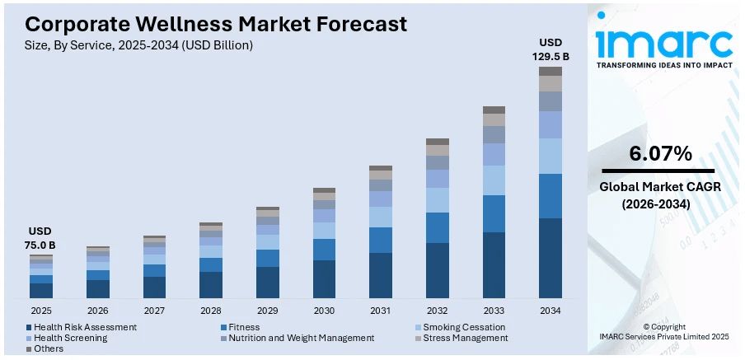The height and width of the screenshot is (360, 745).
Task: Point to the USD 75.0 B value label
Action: click(x=41, y=238)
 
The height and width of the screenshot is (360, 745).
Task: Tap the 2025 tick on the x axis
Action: click(x=41, y=311)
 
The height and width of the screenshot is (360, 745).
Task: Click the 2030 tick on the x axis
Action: click(x=324, y=311)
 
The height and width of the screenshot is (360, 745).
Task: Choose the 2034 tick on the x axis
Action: click(x=551, y=311)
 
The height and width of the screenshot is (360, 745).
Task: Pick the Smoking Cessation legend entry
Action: click(x=464, y=327)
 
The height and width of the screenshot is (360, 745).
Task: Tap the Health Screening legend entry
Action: click(x=72, y=338)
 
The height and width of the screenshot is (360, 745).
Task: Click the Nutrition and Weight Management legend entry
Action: click(x=301, y=338)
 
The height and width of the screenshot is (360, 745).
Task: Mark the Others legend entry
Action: click(x=49, y=348)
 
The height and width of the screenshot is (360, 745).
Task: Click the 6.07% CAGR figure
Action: click(x=660, y=153)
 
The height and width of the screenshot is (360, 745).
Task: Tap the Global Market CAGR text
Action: click(x=660, y=187)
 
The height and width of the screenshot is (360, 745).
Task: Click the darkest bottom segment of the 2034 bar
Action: click(x=551, y=258)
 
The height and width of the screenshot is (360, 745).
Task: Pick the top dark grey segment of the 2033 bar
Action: click(x=494, y=110)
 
